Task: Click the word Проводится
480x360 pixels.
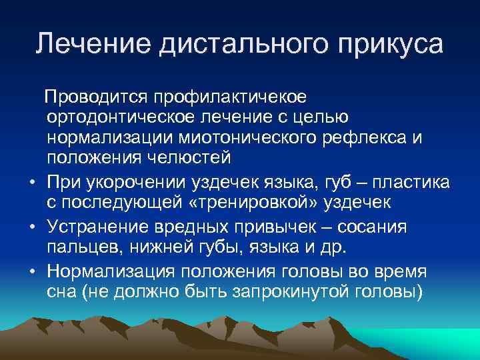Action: coord(97,98)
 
